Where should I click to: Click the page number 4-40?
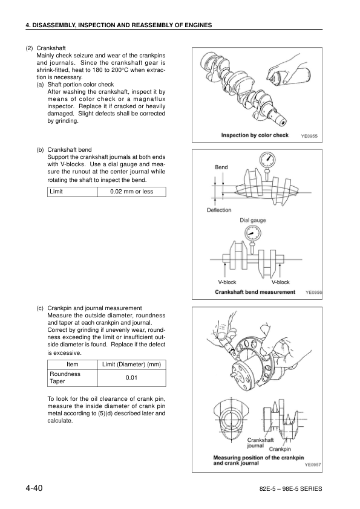[34, 488]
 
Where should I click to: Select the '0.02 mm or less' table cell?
[131, 192]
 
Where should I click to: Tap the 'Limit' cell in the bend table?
[73, 192]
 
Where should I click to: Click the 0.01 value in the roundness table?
[131, 378]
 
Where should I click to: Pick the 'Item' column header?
[73, 365]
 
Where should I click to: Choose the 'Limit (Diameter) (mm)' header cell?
[131, 365]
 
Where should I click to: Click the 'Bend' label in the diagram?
[221, 167]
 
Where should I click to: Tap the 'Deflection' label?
[219, 210]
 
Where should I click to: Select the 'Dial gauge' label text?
[253, 220]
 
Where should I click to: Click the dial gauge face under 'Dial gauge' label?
[252, 233]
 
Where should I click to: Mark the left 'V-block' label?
[227, 282]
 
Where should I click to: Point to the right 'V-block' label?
[280, 282]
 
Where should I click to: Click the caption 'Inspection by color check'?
[255, 135]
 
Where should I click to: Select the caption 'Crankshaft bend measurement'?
[255, 292]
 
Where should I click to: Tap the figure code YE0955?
[309, 136]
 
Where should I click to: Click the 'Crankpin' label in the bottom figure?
[280, 449]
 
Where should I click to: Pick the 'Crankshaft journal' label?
[260, 443]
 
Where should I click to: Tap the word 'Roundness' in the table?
[65, 374]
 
